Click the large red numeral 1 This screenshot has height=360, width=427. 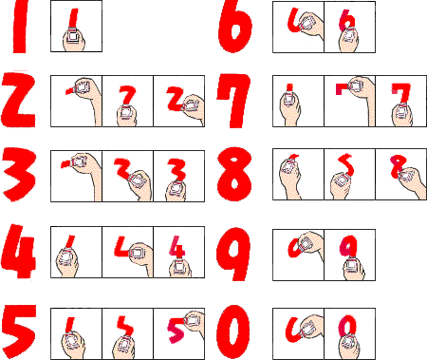20,26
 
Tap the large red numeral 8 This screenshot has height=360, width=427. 234,174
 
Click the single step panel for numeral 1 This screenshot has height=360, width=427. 76,26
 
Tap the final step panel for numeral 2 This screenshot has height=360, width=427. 179,102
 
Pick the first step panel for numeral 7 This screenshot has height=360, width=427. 298,102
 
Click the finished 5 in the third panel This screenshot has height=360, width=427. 176,331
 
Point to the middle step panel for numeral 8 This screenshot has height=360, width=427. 350,175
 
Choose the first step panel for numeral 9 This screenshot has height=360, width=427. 298,256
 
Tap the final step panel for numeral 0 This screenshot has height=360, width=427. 350,333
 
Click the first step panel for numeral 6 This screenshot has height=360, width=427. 298,27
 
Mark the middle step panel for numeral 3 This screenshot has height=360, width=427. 128,176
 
